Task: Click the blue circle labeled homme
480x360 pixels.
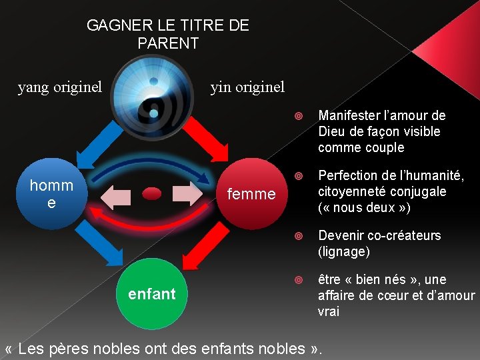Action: [51, 194]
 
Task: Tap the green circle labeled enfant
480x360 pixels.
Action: [152, 294]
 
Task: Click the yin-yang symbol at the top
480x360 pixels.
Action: [154, 97]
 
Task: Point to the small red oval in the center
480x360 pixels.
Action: [152, 193]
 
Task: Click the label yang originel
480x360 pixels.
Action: [60, 87]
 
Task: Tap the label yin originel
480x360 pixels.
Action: [247, 87]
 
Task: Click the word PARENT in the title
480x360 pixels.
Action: [168, 44]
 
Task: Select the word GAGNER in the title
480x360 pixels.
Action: [115, 26]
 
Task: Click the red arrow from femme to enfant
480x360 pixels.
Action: [207, 247]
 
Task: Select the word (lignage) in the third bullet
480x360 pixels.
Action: [343, 252]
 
